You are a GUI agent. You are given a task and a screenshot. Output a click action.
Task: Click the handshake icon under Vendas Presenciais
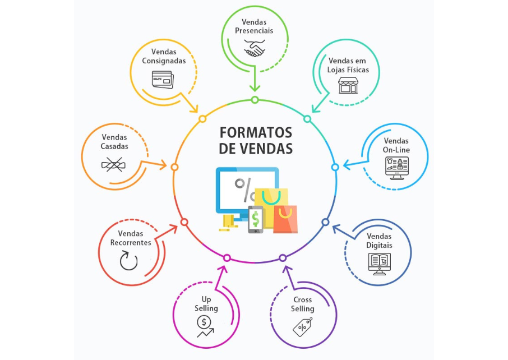tap(254, 48)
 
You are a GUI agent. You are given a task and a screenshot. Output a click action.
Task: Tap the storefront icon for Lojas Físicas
tap(348, 85)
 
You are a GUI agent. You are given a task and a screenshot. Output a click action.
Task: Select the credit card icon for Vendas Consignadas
tap(163, 79)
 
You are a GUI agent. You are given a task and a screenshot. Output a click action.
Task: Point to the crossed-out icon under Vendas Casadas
tap(114, 164)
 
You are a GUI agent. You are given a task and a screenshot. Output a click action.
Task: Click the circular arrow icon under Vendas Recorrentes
tap(129, 260)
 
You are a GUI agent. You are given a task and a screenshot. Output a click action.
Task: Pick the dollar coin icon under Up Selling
tap(202, 322)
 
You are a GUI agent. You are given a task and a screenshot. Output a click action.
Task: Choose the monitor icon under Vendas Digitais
tap(380, 262)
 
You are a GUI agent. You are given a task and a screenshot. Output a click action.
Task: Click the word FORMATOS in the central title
tap(256, 133)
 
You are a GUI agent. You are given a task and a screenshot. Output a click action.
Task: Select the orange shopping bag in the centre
tap(285, 219)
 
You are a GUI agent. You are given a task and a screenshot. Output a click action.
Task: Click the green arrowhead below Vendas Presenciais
tap(255, 87)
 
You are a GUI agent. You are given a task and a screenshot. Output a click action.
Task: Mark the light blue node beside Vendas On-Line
tap(335, 167)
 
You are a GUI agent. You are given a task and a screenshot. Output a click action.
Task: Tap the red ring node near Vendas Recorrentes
tap(184, 223)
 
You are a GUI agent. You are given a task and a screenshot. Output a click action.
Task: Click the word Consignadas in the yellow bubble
tap(164, 61)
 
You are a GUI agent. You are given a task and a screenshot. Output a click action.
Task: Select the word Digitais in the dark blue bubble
tap(380, 246)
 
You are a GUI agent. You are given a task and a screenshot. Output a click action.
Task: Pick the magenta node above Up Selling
tap(227, 258)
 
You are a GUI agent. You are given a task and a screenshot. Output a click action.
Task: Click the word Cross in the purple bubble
tap(303, 300)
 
